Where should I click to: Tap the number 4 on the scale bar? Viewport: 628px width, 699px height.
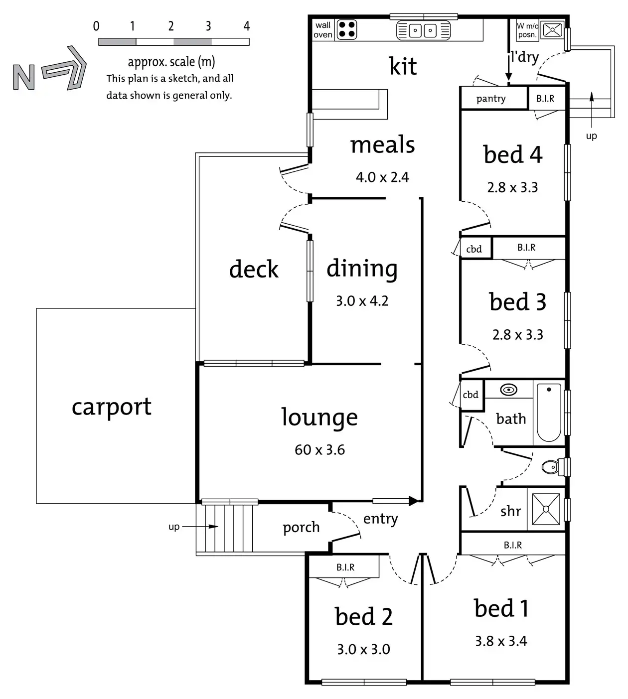pos(246,26)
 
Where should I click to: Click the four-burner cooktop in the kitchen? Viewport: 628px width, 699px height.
pos(347,29)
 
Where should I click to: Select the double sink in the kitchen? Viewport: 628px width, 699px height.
pos(423,30)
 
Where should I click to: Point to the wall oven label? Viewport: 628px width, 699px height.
pos(323,30)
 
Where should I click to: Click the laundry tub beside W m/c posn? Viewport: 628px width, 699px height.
pos(552,30)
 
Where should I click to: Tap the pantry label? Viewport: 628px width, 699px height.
pos(491,99)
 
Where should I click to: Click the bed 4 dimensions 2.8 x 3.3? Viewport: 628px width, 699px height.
pos(512,187)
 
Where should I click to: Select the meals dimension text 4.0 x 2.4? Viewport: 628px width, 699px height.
pos(382,177)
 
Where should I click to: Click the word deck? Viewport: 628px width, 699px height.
pos(254,270)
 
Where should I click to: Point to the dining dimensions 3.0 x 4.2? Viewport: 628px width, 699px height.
pos(362,301)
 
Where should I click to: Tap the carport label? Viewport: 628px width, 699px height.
pos(111,407)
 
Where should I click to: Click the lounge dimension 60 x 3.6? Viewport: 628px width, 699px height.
pos(319,450)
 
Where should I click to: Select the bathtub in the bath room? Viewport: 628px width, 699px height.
pos(549,413)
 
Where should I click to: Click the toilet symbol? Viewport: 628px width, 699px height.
pos(551,467)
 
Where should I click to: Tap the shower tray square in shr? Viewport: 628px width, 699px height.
pos(546,509)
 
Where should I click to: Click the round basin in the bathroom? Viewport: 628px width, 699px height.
pos(508,390)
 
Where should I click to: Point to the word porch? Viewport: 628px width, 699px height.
pos(301,528)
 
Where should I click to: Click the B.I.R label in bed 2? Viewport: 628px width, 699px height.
pos(345,567)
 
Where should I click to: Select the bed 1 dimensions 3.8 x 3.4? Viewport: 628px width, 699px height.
pos(501,641)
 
